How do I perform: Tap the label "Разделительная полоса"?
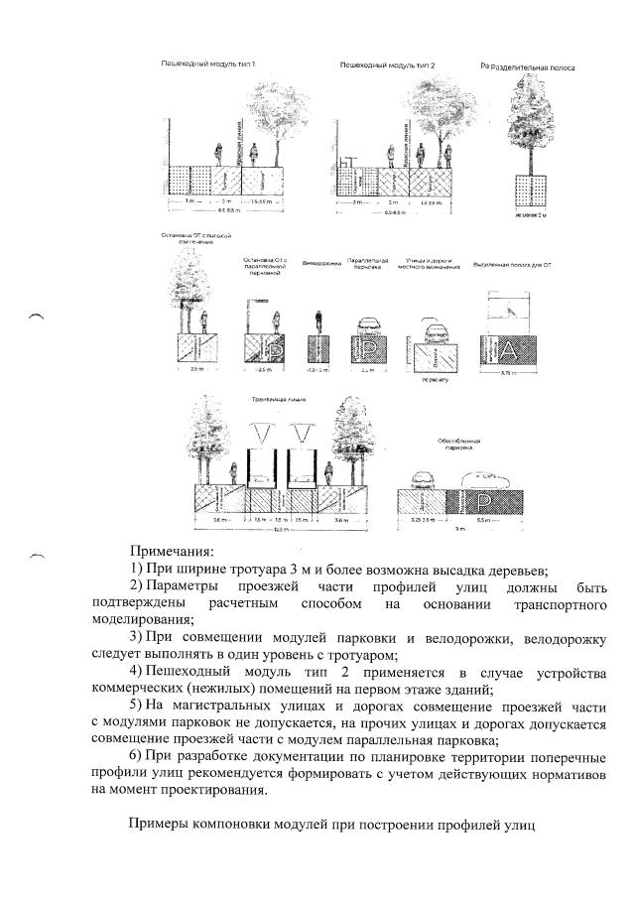pos(535,66)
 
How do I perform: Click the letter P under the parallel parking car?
pos(364,349)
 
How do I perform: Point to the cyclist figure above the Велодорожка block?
pos(317,320)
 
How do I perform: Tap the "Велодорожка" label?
pos(317,265)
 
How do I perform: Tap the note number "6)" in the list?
pos(137,756)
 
